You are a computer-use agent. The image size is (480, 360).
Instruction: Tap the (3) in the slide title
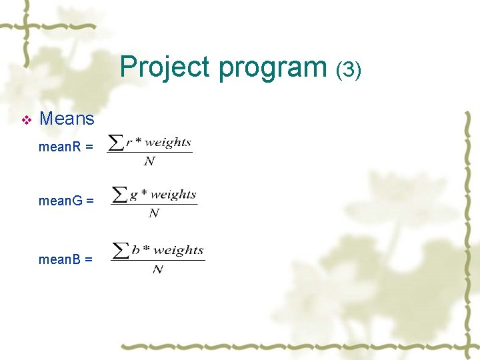point(349,69)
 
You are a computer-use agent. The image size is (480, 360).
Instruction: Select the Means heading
point(67,119)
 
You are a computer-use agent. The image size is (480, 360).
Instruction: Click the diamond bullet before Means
point(27,120)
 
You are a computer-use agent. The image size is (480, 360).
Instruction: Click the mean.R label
point(65,147)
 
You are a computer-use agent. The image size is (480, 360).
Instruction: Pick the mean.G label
point(66,200)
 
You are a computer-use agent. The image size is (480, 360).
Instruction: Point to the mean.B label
point(65,259)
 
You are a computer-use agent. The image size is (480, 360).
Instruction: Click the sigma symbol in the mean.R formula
point(116,142)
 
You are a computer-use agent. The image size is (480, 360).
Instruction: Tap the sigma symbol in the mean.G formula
point(120,195)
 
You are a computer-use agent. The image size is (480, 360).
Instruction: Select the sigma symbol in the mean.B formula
point(121,251)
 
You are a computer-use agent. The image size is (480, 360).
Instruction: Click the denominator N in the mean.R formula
point(149,161)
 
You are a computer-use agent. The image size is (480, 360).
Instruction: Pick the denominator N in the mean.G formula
point(154,213)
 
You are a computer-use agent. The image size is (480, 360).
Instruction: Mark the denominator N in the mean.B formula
point(158,269)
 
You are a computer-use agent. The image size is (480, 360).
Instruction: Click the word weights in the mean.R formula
point(167,142)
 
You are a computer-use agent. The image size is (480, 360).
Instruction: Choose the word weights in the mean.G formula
point(173,195)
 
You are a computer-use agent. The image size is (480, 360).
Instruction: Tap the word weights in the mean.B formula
point(178,251)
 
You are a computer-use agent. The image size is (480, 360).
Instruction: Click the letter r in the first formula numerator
point(129,143)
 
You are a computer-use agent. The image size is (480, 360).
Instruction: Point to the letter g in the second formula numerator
point(134,195)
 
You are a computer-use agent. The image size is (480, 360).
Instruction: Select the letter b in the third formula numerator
point(136,251)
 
